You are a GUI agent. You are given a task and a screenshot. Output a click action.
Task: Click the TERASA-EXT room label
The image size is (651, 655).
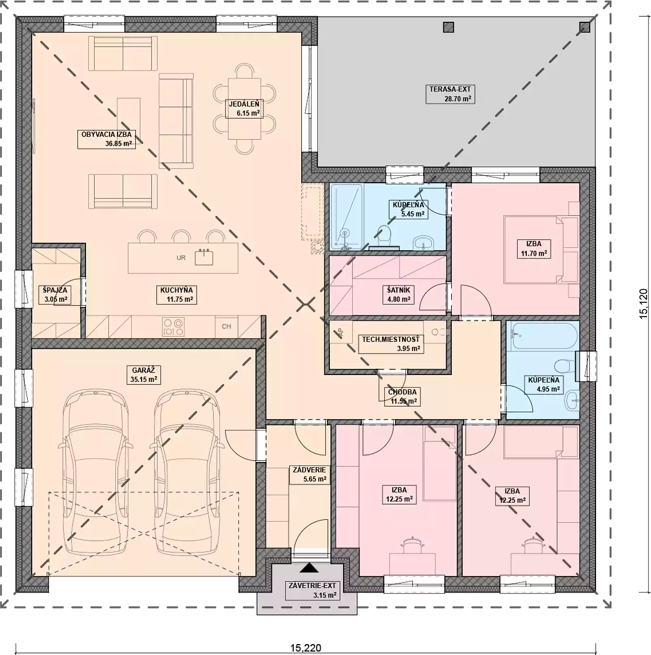(x=450, y=94)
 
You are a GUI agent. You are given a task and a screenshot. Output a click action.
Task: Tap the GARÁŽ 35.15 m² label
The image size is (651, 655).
(x=143, y=375)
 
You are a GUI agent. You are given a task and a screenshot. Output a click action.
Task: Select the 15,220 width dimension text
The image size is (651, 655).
(x=306, y=648)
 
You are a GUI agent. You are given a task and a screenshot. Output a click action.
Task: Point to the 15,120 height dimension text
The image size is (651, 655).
(x=643, y=304)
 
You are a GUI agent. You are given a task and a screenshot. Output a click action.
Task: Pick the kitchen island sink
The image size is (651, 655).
(x=204, y=257)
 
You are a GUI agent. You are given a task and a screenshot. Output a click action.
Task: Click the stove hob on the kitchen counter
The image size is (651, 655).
(x=173, y=327)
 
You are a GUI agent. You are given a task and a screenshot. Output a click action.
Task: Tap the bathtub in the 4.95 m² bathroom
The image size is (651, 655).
(x=542, y=335)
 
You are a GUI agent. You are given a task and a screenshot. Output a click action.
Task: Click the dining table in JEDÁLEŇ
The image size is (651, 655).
(x=244, y=109)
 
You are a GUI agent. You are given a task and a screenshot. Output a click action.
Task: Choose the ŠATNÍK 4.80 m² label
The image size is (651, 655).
(x=399, y=295)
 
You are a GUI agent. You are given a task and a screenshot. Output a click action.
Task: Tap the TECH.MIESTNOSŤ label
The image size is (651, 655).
(x=391, y=344)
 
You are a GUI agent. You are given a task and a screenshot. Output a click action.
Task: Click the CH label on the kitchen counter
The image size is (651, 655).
(x=226, y=326)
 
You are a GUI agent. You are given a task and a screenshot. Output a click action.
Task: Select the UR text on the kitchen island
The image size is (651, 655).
(x=181, y=258)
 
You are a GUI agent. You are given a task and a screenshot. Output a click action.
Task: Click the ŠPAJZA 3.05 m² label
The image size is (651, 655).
(x=55, y=295)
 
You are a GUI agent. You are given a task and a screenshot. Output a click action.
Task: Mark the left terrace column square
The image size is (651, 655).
(x=448, y=27)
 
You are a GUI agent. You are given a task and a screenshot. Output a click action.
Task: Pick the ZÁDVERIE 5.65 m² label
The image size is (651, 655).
(x=310, y=475)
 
